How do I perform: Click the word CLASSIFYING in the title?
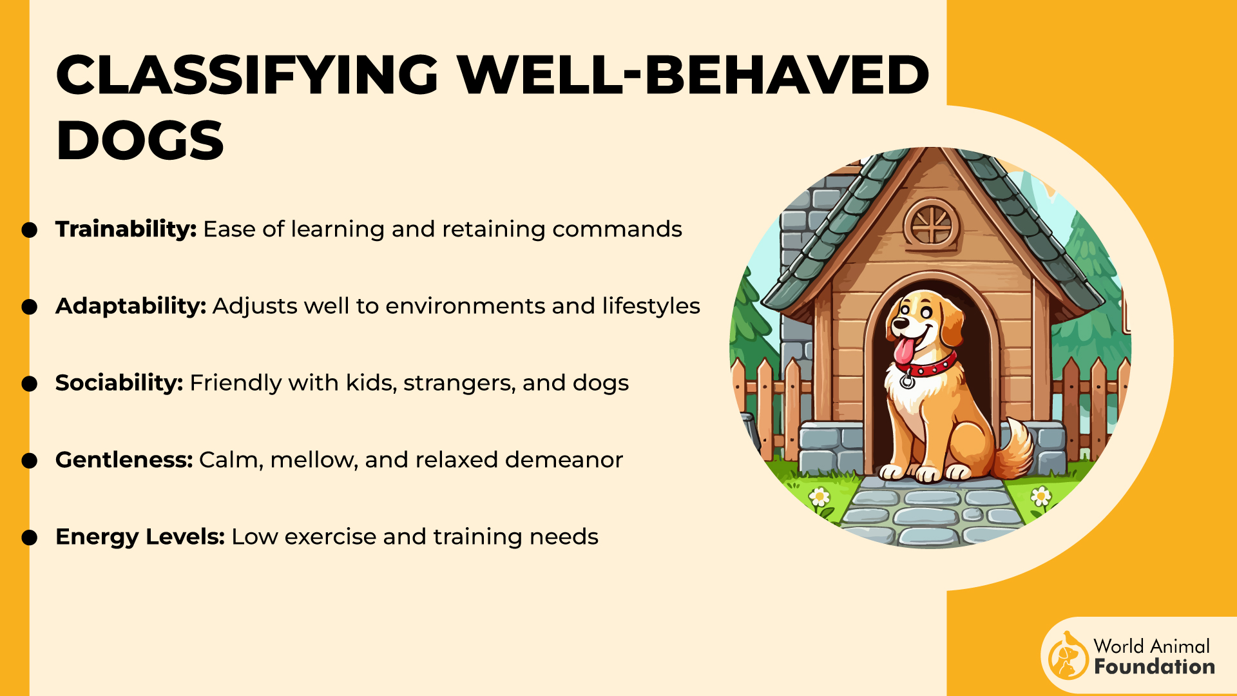point(248,74)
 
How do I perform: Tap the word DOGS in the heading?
point(140,140)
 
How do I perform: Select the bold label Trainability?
point(126,229)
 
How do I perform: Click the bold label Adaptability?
point(131,306)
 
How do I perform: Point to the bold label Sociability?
point(120,383)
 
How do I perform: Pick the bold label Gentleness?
point(124,459)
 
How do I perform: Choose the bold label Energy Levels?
point(140,537)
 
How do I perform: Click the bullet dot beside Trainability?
point(30,230)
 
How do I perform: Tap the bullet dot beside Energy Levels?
point(30,537)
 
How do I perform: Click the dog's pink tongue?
point(905,350)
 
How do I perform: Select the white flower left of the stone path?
point(819,497)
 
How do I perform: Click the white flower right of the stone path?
point(1040,496)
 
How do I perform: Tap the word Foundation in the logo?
point(1155,666)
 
